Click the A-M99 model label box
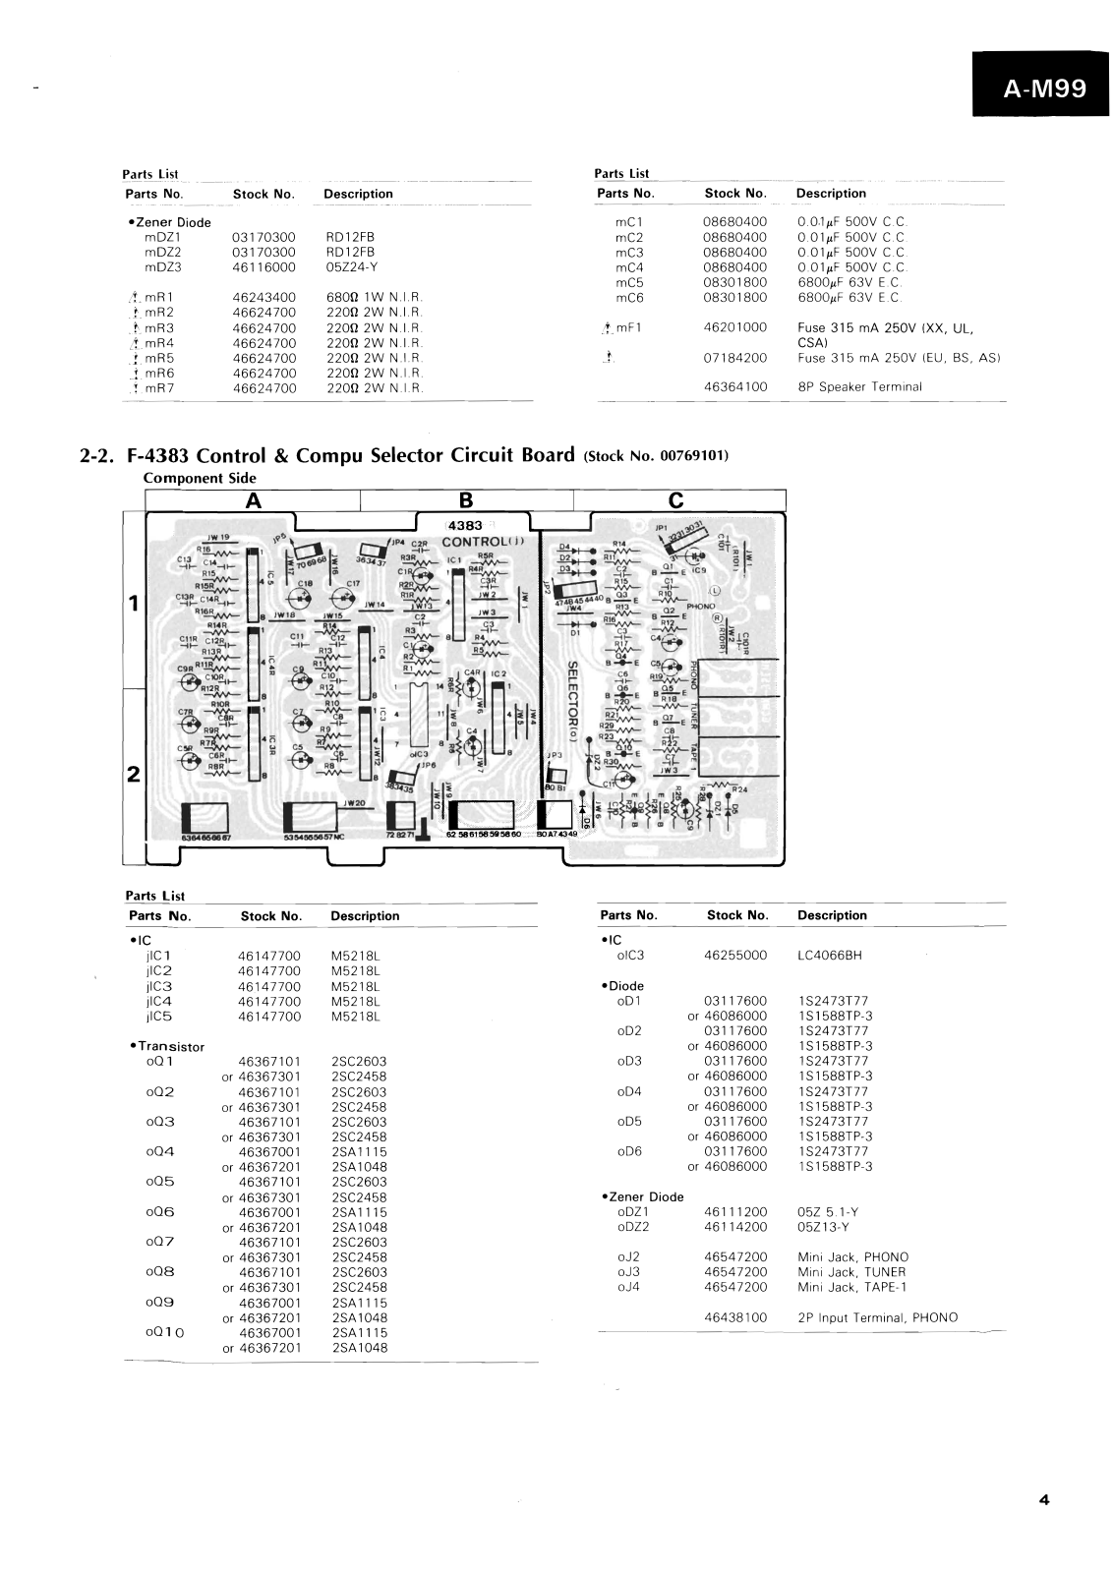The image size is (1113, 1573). (1044, 88)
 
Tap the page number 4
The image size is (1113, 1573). (1043, 1499)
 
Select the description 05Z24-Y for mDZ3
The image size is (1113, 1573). (350, 267)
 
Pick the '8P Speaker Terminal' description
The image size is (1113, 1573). (859, 387)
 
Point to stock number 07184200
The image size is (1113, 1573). (734, 358)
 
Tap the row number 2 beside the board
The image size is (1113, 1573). (133, 773)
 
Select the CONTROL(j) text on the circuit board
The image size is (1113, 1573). (485, 542)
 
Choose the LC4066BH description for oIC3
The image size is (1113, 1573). (830, 956)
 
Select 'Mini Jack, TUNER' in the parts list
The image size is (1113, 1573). (851, 1272)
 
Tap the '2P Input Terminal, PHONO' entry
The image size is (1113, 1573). (877, 1317)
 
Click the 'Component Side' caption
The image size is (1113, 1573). (200, 479)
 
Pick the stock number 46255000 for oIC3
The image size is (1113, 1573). (736, 956)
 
